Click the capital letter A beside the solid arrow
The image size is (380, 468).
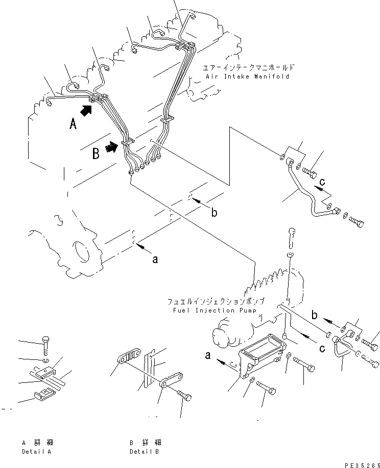[x=73, y=123]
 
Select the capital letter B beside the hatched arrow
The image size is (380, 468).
[x=96, y=154]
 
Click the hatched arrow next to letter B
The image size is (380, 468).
[x=111, y=148]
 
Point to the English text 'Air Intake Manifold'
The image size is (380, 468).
[x=248, y=76]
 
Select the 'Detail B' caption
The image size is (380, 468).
[x=145, y=452]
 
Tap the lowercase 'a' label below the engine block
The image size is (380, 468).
[x=155, y=259]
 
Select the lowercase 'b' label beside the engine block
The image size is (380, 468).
[x=214, y=213]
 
